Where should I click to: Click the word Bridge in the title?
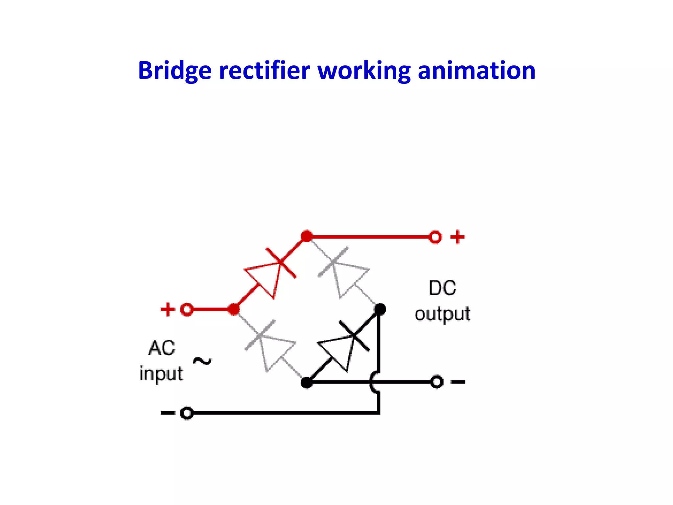pos(174,71)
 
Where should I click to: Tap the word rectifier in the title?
pos(265,71)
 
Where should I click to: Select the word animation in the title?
pos(476,71)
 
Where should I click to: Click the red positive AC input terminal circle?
pos(187,309)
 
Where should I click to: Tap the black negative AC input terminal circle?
pos(187,413)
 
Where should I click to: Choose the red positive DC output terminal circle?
pos(435,237)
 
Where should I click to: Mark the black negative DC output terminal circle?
pos(437,382)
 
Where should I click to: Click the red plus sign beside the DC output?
pos(457,237)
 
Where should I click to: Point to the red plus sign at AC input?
pos(168,309)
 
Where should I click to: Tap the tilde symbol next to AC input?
pos(202,361)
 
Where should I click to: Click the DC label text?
pos(442,288)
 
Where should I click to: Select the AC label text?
pos(162,348)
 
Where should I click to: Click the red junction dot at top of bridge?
pos(307,236)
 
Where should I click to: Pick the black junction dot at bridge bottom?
pos(307,382)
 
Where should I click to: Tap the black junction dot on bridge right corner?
pos(380,309)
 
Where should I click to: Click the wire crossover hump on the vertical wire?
pos(374,382)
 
